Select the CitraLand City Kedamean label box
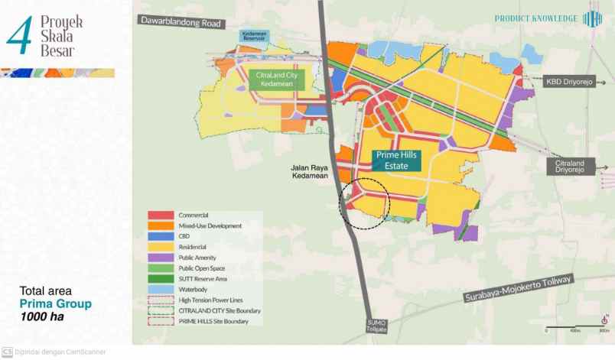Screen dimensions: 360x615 [277, 79]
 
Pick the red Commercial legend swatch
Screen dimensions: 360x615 [162, 216]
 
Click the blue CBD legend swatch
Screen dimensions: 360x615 [162, 237]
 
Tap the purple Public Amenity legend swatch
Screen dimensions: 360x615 [162, 258]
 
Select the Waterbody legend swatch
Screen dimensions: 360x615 [162, 290]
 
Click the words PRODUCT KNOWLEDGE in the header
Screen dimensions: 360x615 [536, 18]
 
